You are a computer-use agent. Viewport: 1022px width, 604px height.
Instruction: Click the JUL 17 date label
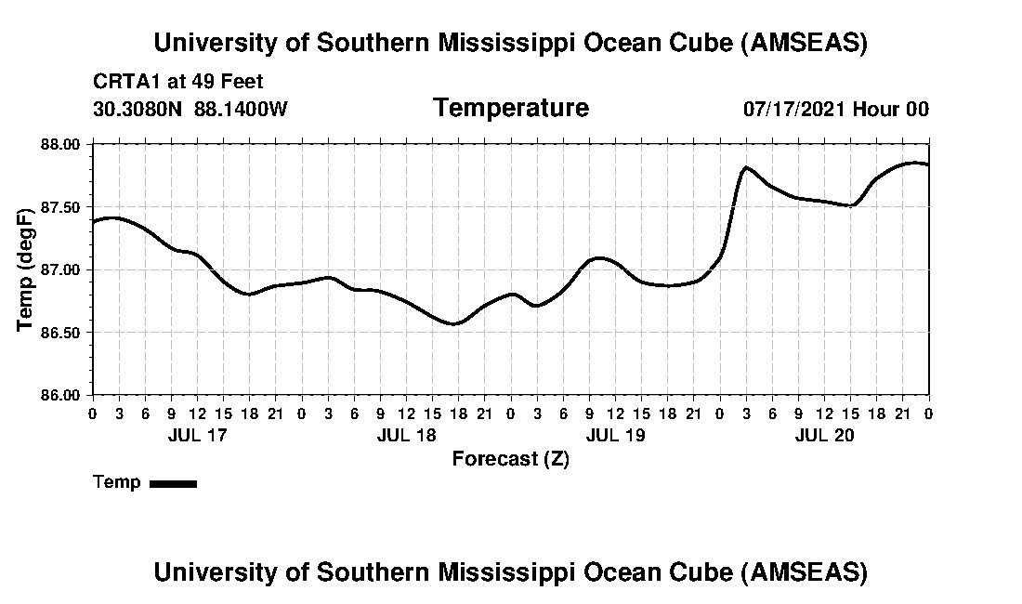197,435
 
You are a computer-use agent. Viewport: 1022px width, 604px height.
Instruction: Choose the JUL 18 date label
406,435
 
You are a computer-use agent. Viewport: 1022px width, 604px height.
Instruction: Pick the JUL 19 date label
615,435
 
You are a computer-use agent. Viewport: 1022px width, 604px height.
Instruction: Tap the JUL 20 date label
824,435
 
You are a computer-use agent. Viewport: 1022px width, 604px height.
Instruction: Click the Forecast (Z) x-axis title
510,458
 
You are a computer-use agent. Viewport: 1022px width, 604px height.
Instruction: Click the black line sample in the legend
173,483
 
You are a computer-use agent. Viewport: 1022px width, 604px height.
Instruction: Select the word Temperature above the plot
510,108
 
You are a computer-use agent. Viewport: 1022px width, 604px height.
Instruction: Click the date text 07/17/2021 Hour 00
835,109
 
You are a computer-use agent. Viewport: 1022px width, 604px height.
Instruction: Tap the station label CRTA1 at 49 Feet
178,82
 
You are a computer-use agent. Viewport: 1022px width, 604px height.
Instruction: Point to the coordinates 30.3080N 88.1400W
190,109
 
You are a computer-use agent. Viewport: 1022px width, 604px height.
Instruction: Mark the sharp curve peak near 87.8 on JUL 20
746,167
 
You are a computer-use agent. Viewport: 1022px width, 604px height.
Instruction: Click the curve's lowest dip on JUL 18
452,323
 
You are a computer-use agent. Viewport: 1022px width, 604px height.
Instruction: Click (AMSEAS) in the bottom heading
805,571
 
